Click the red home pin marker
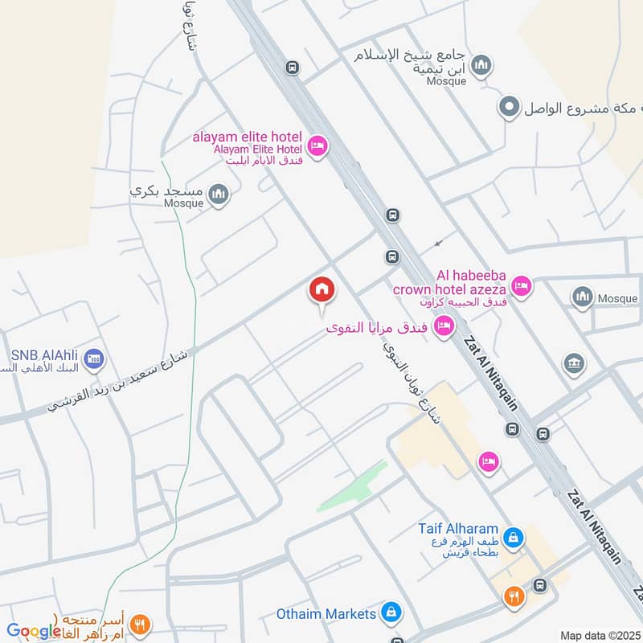321,290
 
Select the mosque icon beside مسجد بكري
218,194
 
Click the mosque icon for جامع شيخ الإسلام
481,64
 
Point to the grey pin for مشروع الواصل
508,107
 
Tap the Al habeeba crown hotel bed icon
522,286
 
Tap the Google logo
34,631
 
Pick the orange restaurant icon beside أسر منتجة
141,623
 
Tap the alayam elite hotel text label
246,137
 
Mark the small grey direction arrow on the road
438,243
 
